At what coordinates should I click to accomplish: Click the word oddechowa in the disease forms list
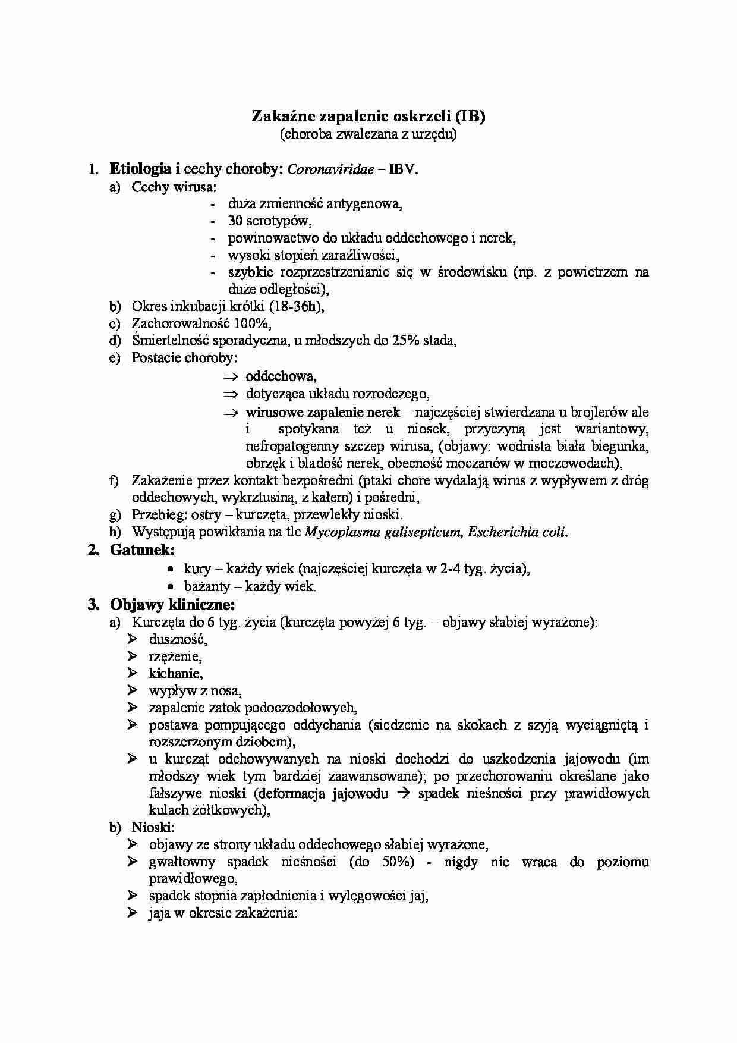pos(281,376)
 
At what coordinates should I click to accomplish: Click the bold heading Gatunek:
pos(142,550)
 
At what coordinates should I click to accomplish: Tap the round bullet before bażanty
pos(170,586)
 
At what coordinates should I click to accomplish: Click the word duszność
pos(178,640)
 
